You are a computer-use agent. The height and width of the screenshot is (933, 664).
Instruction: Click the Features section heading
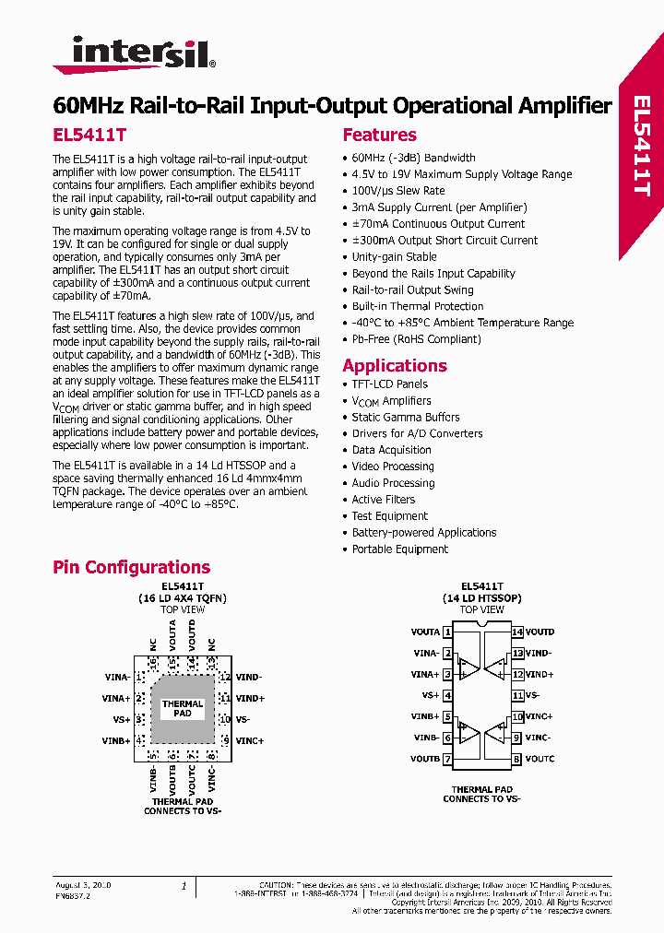(x=379, y=135)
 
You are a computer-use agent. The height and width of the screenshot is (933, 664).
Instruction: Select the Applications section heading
(x=395, y=365)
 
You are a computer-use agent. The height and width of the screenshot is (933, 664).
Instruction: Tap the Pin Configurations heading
(x=131, y=567)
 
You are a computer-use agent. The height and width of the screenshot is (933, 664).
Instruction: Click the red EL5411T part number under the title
(x=89, y=135)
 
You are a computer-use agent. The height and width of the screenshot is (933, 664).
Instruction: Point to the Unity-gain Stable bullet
(x=394, y=257)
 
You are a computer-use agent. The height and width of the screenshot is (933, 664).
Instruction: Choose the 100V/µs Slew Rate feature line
(x=397, y=191)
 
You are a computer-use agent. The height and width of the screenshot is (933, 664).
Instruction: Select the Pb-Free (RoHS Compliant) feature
(x=416, y=339)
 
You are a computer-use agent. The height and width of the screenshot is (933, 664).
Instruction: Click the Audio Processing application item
(x=393, y=483)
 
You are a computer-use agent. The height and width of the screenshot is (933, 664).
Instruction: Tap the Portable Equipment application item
(x=399, y=549)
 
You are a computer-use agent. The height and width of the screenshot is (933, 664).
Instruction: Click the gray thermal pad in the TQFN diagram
(x=183, y=708)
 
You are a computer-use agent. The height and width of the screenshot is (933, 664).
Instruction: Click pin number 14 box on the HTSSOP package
(x=517, y=632)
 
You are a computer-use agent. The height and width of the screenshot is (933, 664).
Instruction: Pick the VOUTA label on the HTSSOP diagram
(x=425, y=632)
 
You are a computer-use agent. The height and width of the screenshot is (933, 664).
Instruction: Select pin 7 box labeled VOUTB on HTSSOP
(x=447, y=760)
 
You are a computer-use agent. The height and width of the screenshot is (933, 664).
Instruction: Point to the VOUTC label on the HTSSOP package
(x=539, y=760)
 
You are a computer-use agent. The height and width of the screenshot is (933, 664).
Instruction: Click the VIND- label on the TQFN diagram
(x=249, y=678)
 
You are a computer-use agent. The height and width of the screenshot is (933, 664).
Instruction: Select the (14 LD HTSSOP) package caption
(x=481, y=597)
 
